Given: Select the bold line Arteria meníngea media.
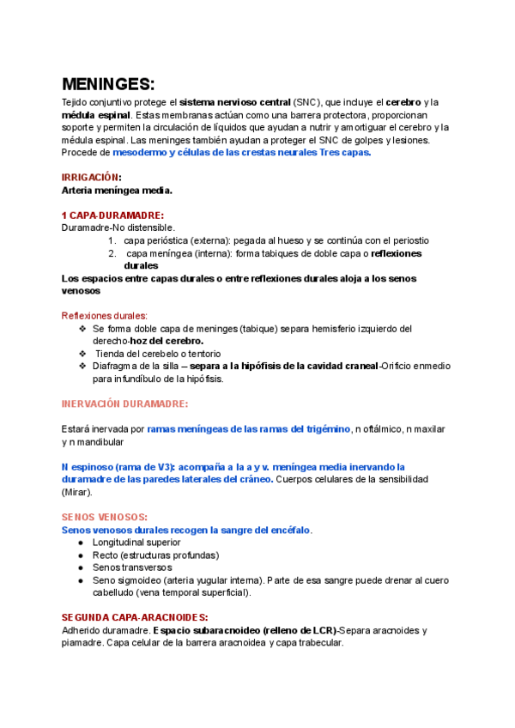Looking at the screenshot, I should [118, 190].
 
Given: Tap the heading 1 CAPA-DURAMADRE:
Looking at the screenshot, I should [112, 215].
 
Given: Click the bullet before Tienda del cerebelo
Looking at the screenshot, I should [82, 353].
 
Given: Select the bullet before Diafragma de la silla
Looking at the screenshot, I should [82, 366].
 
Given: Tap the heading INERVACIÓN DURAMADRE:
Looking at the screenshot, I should [125, 403].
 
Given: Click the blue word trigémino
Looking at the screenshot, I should [325, 428].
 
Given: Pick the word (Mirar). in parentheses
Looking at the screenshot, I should [82, 492].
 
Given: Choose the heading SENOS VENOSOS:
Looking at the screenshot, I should [105, 517].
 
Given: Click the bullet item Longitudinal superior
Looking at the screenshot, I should [136, 543].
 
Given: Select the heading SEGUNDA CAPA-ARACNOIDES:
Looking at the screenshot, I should [136, 617].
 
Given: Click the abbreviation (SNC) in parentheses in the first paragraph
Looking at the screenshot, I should [306, 101].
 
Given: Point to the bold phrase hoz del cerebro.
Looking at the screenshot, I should [167, 341].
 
